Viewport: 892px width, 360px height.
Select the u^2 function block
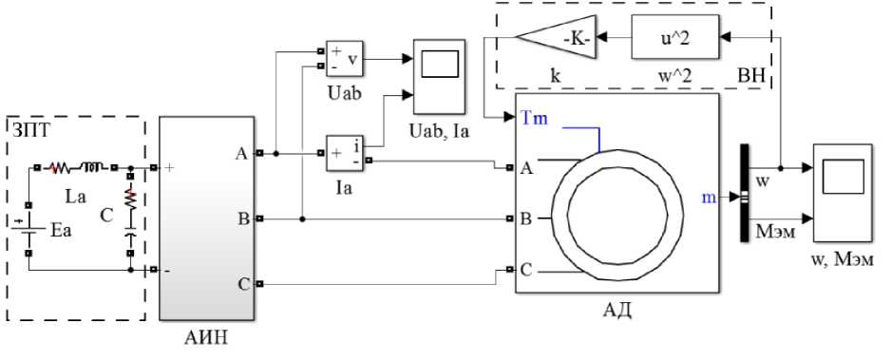tap(674, 37)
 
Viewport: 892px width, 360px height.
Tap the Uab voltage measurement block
tap(344, 58)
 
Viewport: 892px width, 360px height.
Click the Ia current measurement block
tap(344, 153)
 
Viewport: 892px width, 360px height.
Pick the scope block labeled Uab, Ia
tap(439, 76)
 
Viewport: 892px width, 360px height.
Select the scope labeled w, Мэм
tap(842, 192)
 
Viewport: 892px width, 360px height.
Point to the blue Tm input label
tap(533, 119)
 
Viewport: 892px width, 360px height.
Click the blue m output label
tap(709, 198)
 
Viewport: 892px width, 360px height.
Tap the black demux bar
tap(744, 194)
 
